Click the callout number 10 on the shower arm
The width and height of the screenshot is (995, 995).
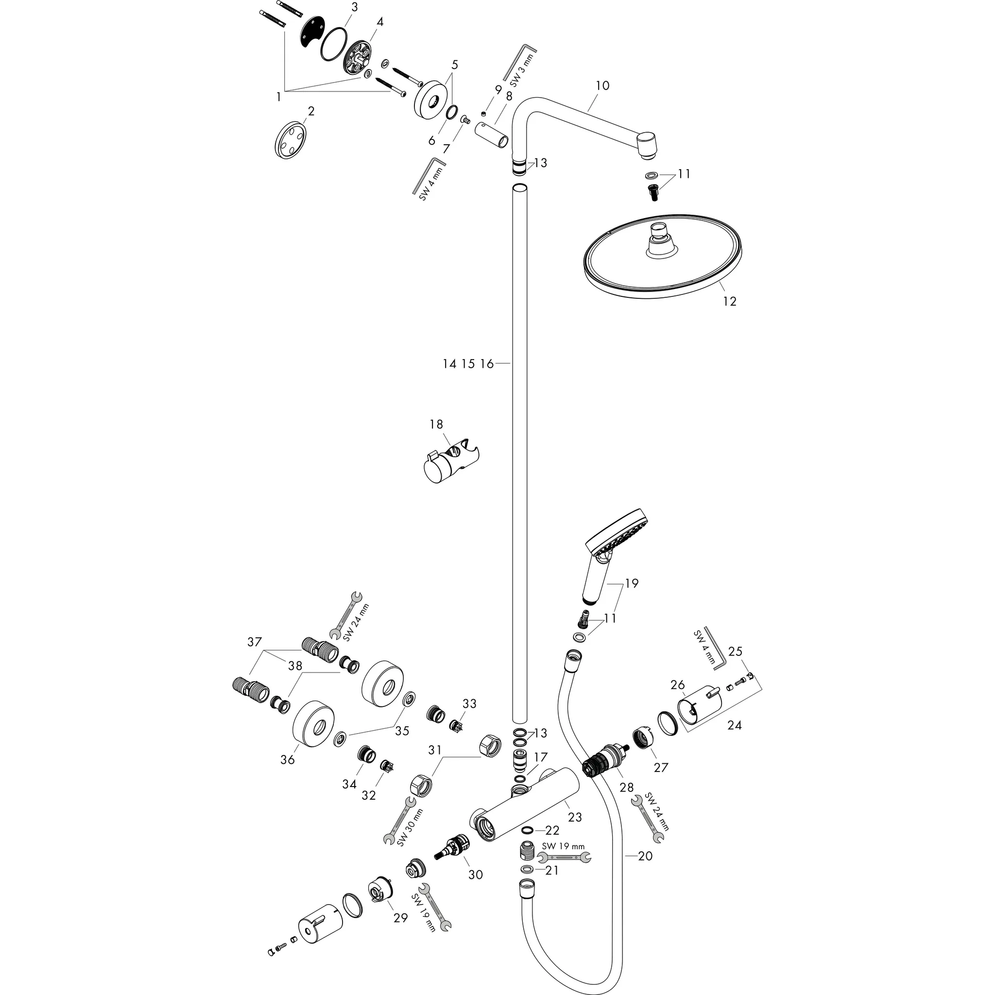[x=602, y=86]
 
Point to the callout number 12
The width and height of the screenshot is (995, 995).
[x=730, y=301]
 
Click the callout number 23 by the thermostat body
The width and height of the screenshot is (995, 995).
[x=575, y=817]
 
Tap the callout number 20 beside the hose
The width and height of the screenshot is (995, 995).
[x=645, y=856]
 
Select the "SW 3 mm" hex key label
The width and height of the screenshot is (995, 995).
[x=521, y=69]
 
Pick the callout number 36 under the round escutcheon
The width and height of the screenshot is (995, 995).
[x=288, y=759]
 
